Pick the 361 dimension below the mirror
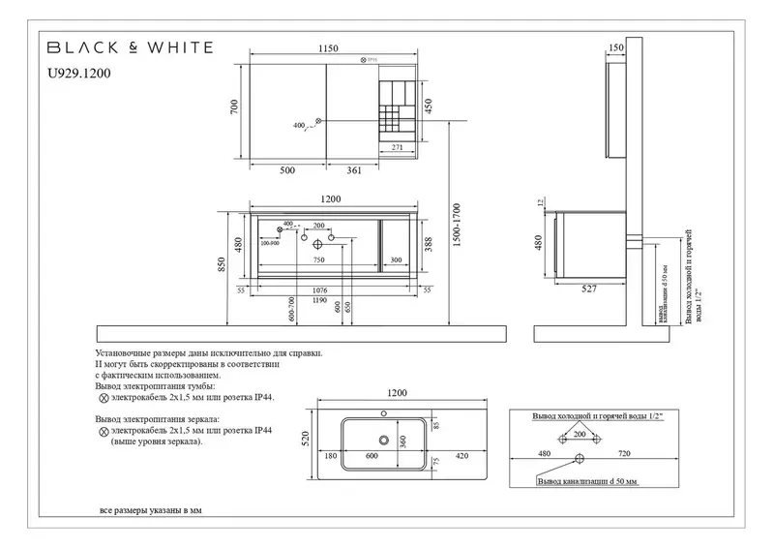pos(353,170)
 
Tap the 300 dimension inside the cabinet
pos(397,260)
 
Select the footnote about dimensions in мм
pos(152,509)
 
